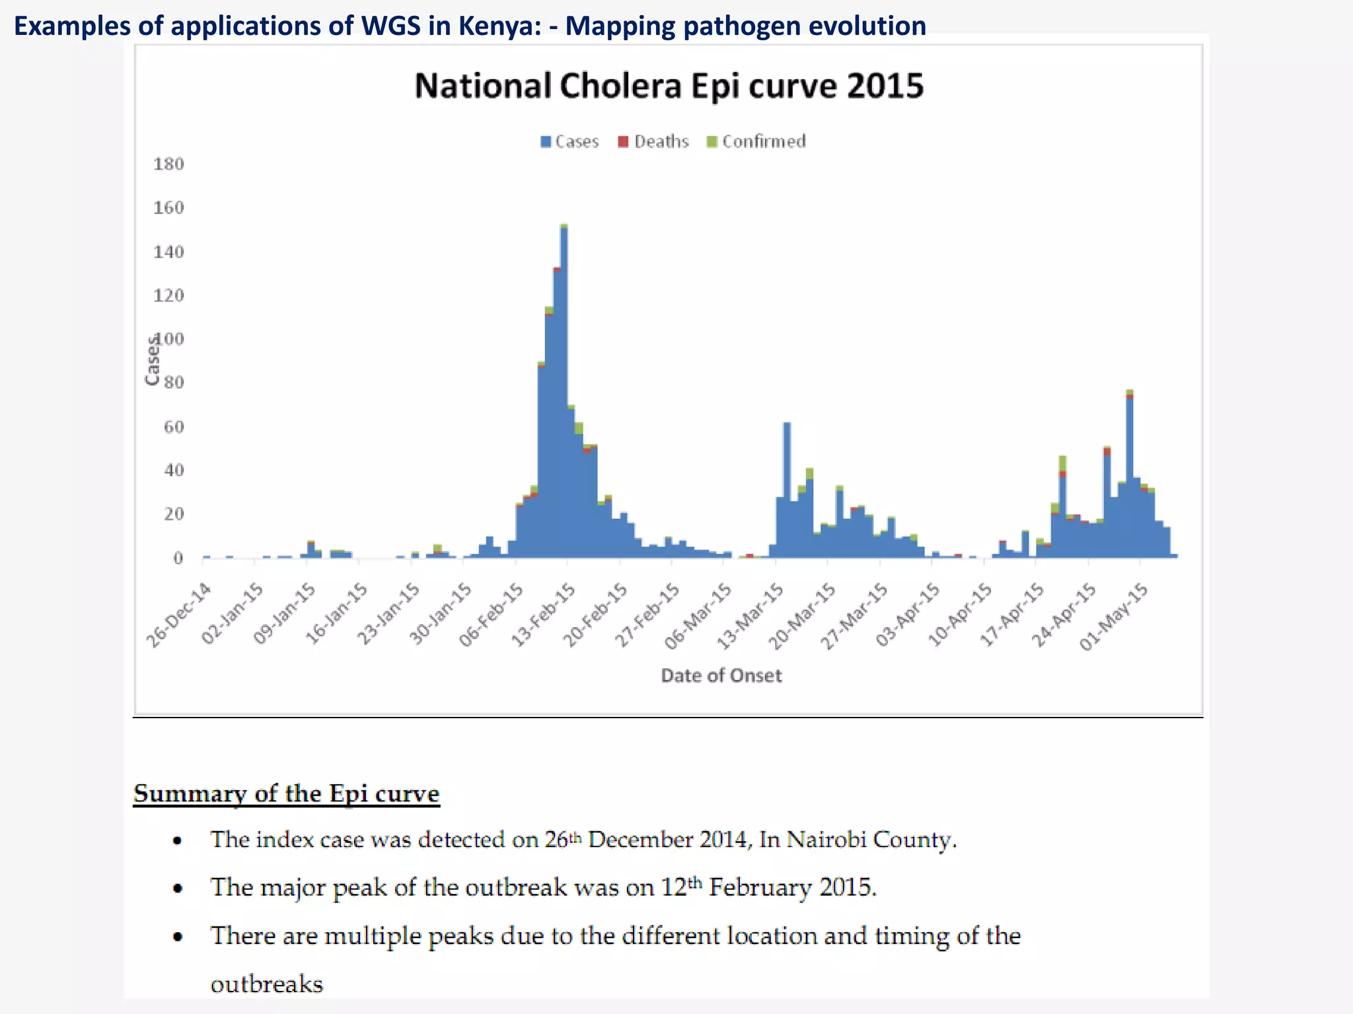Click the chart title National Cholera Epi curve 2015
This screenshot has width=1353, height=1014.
[x=669, y=86]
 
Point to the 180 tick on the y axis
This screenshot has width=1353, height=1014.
[x=168, y=164]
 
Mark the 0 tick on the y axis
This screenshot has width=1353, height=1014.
[x=178, y=558]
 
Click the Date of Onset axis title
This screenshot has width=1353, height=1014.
[x=721, y=675]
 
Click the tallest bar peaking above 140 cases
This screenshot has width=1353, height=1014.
[x=564, y=396]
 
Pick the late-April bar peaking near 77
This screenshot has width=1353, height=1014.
[x=1130, y=475]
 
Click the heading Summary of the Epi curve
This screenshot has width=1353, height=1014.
[x=286, y=794]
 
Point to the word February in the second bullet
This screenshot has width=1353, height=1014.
[x=760, y=887]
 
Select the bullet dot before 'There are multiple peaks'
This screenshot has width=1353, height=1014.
[x=177, y=937]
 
